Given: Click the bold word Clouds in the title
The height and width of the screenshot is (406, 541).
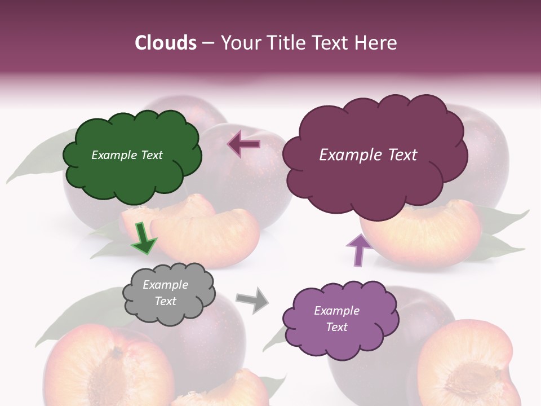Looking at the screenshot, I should (166, 43).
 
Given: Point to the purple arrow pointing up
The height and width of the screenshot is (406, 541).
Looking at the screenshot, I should (358, 249).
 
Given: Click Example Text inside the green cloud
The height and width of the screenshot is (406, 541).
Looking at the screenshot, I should (127, 155).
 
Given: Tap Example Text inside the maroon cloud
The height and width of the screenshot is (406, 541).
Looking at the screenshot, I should (368, 155).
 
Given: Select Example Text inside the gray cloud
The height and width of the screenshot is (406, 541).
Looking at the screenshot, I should (165, 293).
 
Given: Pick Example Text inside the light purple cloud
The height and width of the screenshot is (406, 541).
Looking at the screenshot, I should (336, 319).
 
